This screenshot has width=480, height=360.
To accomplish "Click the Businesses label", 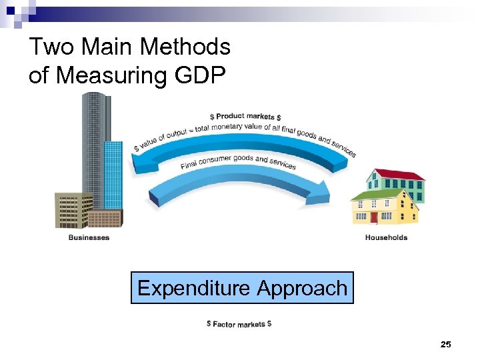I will pos(89,238).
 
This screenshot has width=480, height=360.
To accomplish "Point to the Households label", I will pos(386,238).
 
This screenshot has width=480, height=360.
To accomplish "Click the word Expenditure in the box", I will pos(193,288).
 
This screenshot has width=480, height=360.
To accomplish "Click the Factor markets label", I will pos(239,324).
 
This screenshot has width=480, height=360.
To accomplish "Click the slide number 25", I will pos(446,344).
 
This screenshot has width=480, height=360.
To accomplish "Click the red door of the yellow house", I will pos(374,217).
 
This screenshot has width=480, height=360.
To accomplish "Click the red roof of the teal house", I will pos(397,175).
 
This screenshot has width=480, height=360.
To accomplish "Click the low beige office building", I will pos(73,211).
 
